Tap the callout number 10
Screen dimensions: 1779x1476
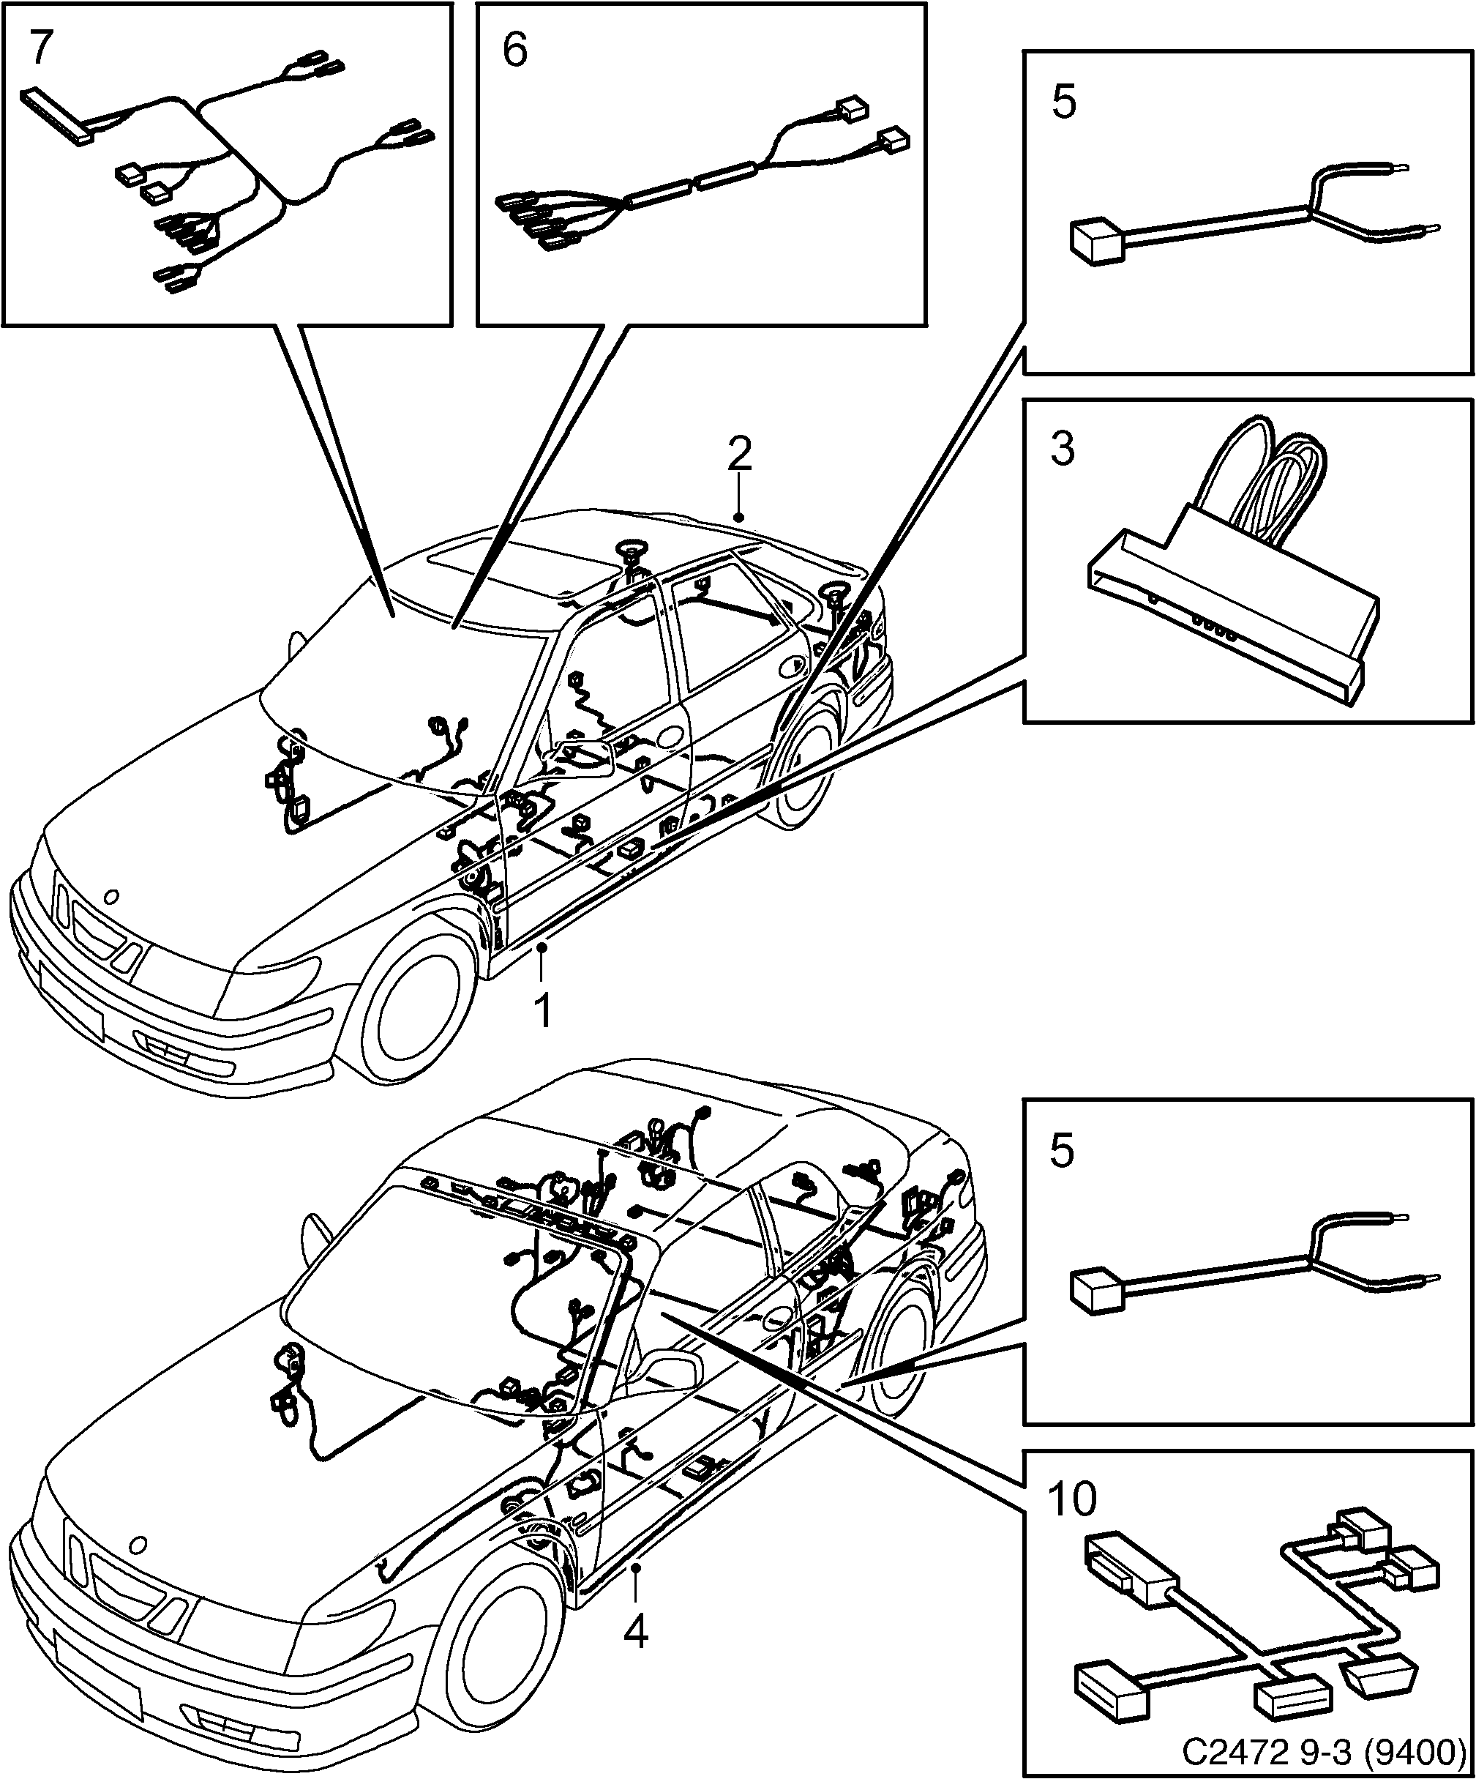coord(1071,1499)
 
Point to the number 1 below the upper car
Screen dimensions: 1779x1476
coord(542,1010)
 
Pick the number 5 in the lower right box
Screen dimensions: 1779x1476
coord(1062,1152)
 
